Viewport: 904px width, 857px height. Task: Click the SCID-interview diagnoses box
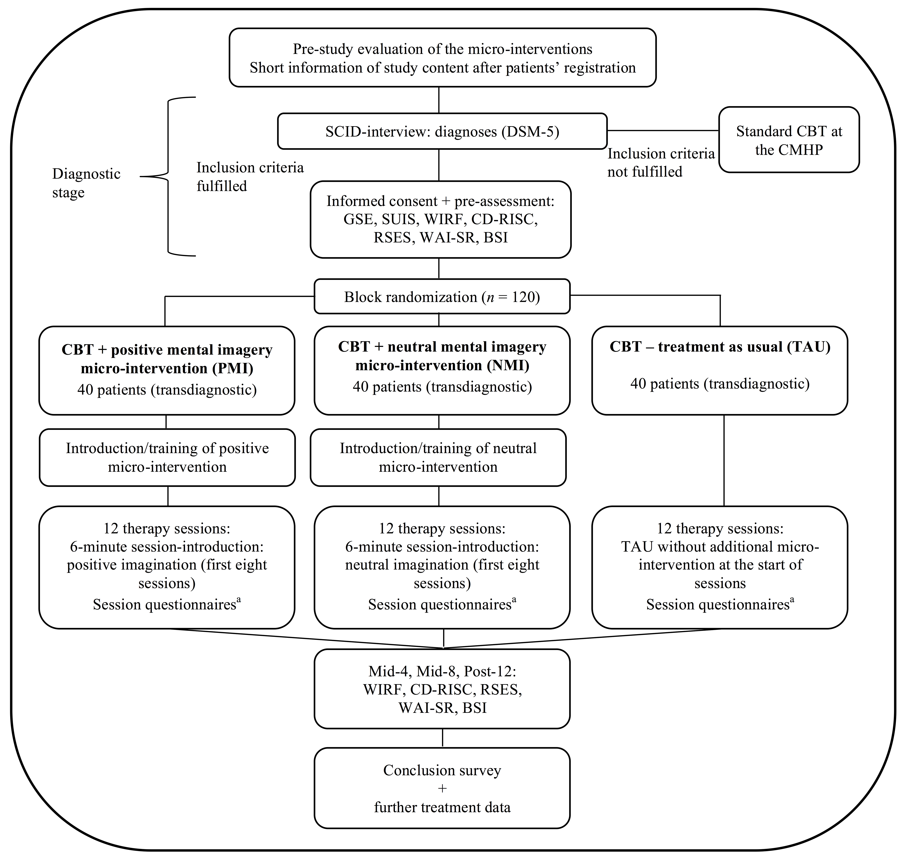(x=442, y=131)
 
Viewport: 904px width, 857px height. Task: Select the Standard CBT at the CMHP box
(x=789, y=140)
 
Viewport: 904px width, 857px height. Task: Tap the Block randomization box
(x=442, y=296)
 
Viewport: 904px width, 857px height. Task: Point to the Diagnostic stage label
(x=86, y=183)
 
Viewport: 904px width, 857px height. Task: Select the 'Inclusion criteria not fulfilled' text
(x=661, y=163)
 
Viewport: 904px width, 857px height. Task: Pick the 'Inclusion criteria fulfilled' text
(x=250, y=176)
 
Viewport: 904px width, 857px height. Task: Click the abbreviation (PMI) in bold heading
(x=231, y=368)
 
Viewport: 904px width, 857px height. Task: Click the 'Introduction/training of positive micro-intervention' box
(x=167, y=457)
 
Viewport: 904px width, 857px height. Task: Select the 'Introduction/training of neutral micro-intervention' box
(x=438, y=457)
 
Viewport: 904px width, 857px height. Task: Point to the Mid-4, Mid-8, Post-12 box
(x=442, y=688)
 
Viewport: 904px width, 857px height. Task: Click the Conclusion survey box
(x=442, y=788)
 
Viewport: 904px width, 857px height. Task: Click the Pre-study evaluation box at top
(x=443, y=57)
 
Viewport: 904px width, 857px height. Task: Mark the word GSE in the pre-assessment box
(x=358, y=220)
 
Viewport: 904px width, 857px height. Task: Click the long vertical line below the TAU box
(x=724, y=460)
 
